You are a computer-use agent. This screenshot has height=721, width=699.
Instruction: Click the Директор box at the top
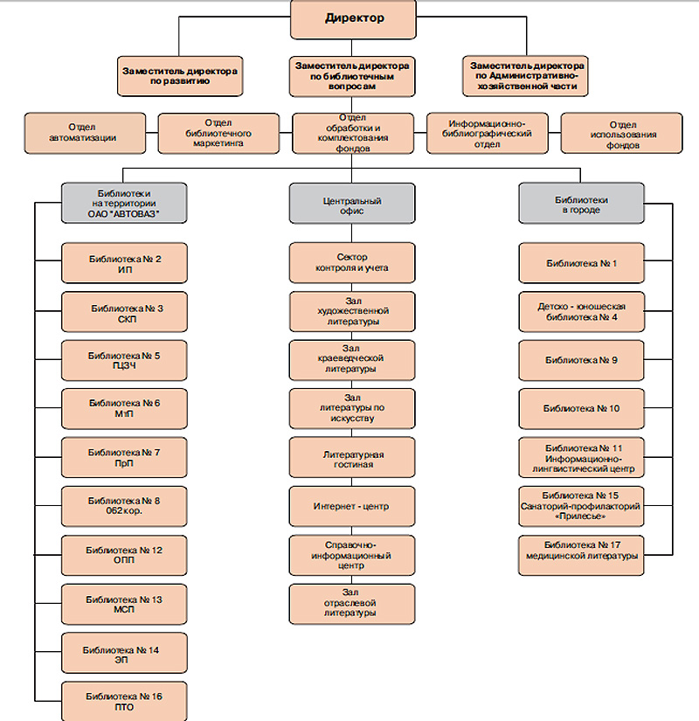[353, 19]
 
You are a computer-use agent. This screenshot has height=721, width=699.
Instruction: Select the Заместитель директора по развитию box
[180, 76]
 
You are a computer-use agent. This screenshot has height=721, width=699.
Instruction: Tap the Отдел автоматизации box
[85, 133]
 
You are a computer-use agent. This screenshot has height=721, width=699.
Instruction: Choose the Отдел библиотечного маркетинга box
[218, 133]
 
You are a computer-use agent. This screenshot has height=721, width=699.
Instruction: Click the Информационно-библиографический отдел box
[488, 133]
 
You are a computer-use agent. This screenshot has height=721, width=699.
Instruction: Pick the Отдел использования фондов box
[622, 133]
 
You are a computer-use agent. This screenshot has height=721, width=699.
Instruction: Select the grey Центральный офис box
[352, 204]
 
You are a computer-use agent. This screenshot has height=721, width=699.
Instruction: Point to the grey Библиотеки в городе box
[581, 204]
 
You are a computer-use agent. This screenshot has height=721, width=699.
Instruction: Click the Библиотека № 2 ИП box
[124, 263]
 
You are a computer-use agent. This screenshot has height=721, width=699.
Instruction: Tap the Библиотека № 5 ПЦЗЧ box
[124, 360]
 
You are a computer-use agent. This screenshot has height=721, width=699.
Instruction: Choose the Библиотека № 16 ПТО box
[124, 701]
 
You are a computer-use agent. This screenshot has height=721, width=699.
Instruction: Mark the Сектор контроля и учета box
[352, 263]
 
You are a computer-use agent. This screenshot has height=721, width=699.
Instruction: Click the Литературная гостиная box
[352, 458]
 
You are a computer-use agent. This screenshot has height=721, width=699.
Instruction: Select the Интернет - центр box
[352, 506]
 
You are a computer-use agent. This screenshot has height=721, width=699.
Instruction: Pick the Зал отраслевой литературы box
[352, 604]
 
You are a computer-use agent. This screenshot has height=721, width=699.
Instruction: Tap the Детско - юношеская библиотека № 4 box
[581, 312]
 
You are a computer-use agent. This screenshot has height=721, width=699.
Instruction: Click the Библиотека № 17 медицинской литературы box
[581, 556]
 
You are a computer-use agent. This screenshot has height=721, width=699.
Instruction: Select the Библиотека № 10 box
[581, 409]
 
